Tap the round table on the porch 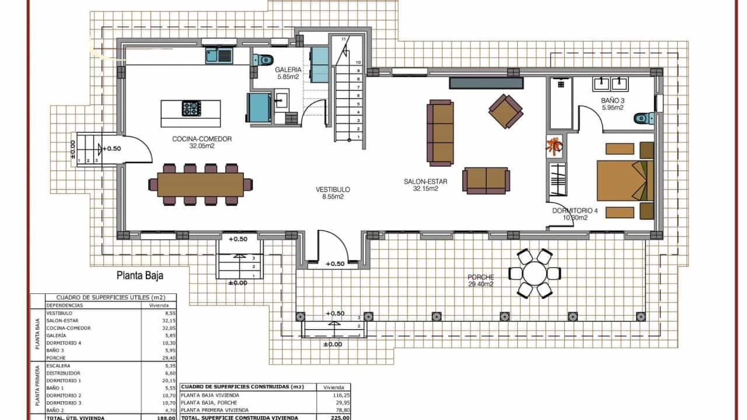[x=534, y=273]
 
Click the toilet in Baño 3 [x=643, y=118]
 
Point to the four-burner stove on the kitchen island [x=191, y=108]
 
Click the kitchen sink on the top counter [x=219, y=56]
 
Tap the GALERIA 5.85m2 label [x=289, y=73]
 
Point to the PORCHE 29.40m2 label [x=481, y=281]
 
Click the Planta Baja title [x=139, y=276]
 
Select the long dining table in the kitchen [x=200, y=184]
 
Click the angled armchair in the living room [x=506, y=110]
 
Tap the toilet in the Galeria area [x=264, y=59]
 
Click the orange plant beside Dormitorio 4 [x=554, y=146]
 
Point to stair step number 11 [x=344, y=39]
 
